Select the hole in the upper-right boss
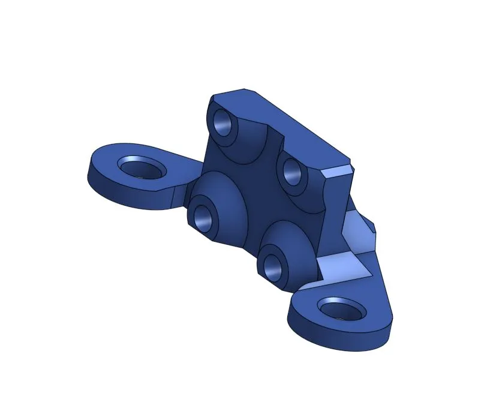292,172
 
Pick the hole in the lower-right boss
272,266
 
